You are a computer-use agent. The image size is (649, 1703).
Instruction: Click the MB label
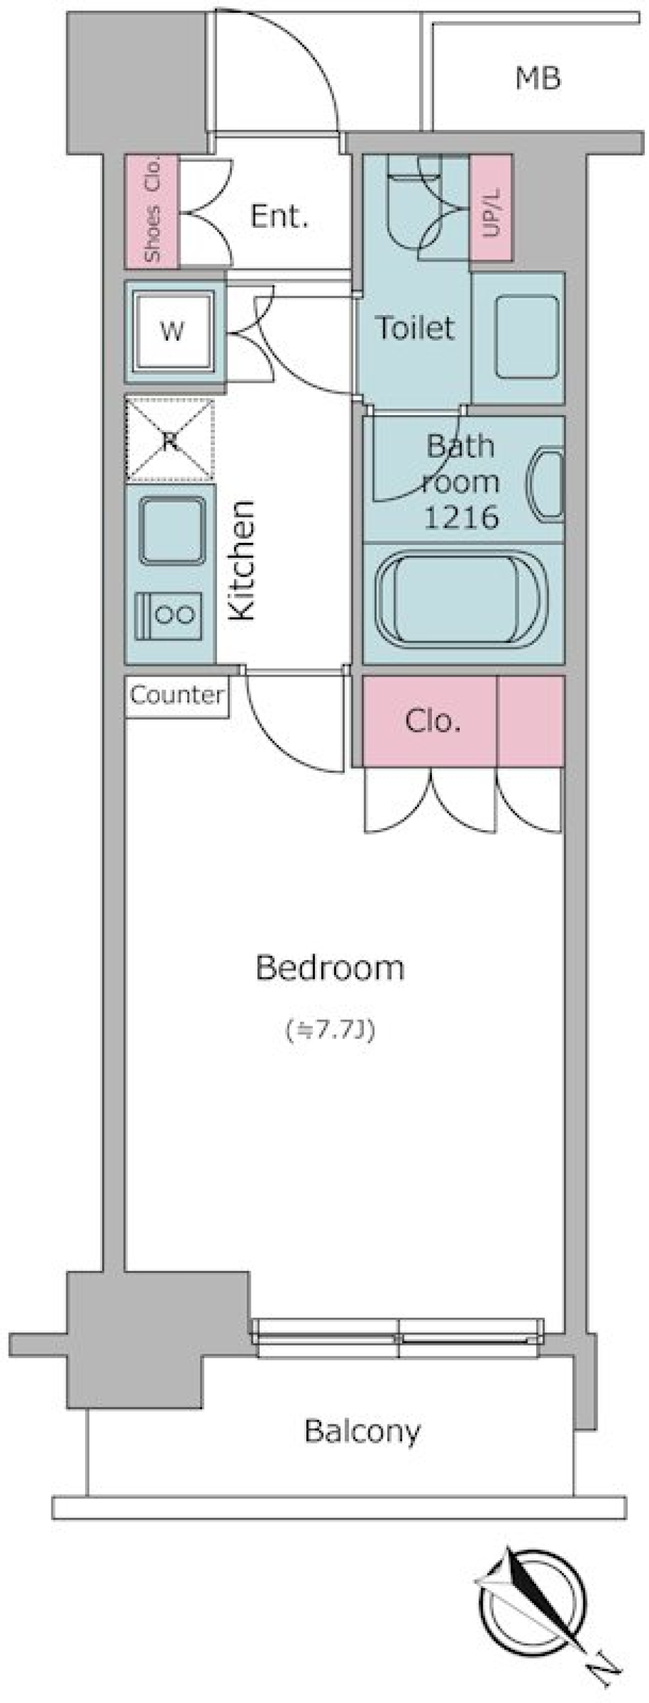(x=538, y=79)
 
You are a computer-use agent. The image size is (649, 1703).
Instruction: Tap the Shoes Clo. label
(x=153, y=210)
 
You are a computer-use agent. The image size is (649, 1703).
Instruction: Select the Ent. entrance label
(x=279, y=216)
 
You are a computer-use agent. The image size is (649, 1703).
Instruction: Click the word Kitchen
(x=242, y=560)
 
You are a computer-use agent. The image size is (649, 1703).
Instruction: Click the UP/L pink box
(x=491, y=208)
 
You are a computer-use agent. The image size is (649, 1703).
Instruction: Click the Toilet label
(x=415, y=328)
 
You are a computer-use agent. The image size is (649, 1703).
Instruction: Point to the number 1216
(x=461, y=518)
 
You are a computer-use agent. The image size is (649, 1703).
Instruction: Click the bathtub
(x=463, y=600)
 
